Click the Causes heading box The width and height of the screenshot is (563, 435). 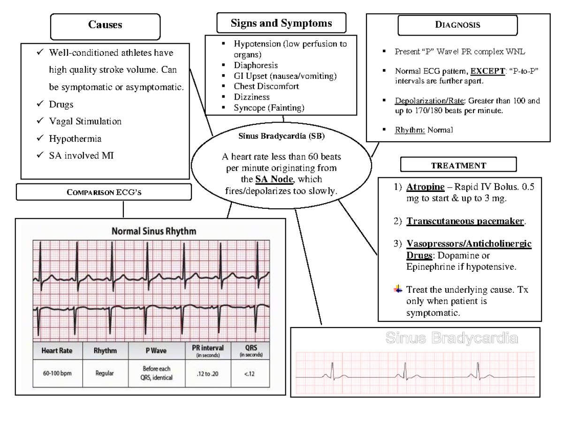(105, 25)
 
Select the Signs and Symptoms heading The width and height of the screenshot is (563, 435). (281, 23)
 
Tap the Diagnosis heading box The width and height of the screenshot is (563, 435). (457, 25)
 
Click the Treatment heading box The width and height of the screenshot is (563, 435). (458, 165)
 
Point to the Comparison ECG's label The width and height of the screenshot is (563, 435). (104, 192)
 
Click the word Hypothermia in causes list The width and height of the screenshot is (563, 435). (75, 138)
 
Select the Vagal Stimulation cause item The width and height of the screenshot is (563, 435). (85, 121)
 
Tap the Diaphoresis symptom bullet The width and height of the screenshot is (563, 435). (256, 65)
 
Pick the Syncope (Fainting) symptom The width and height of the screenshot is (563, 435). (269, 107)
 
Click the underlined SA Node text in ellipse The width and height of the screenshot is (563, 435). (274, 180)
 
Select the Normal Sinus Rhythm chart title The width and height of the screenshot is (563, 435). (153, 231)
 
